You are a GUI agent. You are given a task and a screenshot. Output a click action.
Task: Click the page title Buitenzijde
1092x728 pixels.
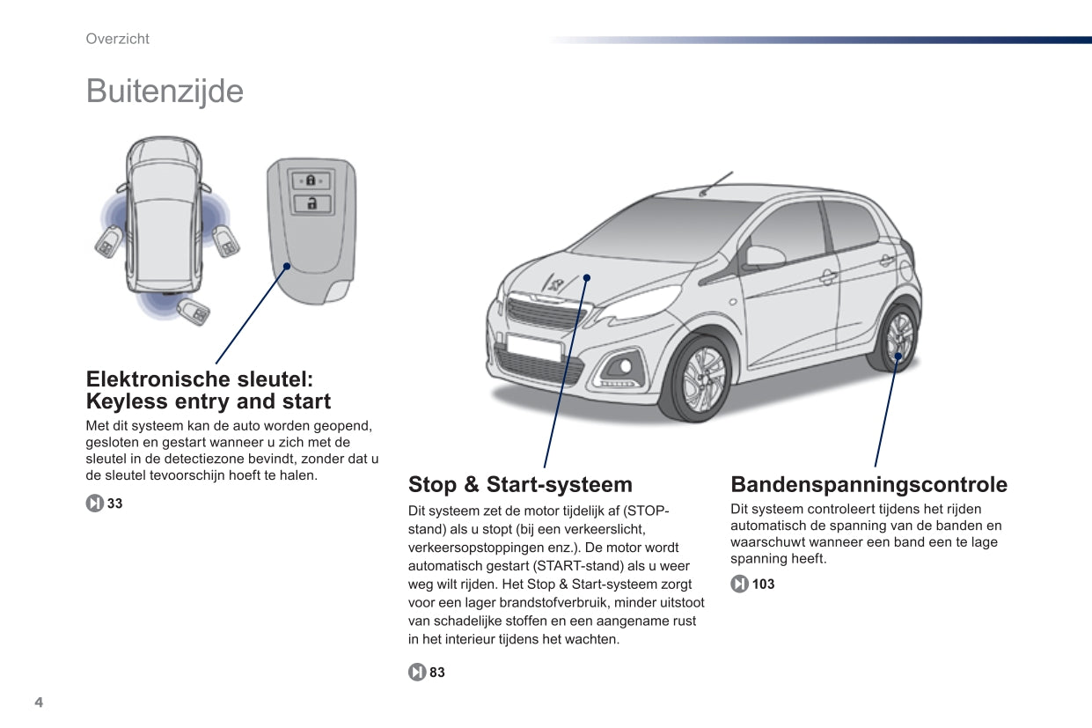point(165,92)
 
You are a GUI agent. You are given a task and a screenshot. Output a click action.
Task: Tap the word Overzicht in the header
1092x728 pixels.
point(117,39)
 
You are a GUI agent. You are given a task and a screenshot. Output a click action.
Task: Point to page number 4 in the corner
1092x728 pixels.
point(39,702)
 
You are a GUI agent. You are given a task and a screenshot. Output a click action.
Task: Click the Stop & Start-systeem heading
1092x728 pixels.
point(520,484)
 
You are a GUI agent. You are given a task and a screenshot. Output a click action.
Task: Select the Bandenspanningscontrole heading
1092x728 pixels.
point(868,484)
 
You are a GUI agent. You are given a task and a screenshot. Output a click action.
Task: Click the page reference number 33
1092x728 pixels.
point(114,504)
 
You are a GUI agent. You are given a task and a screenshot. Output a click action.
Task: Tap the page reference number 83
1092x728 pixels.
point(437,673)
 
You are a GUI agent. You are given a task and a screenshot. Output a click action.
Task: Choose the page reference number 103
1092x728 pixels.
point(763,584)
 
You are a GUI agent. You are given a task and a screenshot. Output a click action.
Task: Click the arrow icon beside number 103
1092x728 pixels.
point(739,584)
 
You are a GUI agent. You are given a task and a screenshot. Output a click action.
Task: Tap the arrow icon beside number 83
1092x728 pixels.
point(416,673)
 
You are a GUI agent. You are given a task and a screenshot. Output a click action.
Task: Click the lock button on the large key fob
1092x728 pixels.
point(311,180)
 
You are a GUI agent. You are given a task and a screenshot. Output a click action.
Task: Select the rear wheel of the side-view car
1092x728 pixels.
point(898,338)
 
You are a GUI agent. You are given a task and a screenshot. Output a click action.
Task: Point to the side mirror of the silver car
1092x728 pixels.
point(763,257)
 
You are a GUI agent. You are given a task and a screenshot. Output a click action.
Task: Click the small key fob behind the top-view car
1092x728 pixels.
point(193,311)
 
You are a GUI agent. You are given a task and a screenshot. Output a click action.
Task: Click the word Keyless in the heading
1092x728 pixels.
point(126,402)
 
